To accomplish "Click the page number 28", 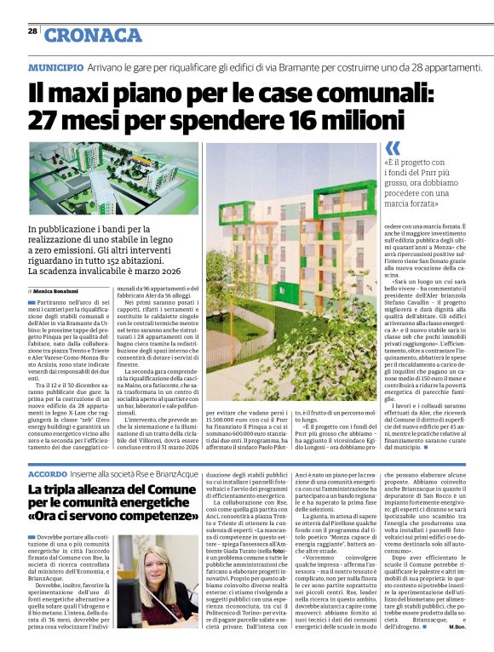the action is point(32,31).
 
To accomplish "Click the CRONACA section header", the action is point(94,35).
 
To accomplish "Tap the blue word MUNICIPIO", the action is point(55,66).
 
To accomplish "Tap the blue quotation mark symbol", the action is point(392,147).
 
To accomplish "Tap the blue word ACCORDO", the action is point(47,472).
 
